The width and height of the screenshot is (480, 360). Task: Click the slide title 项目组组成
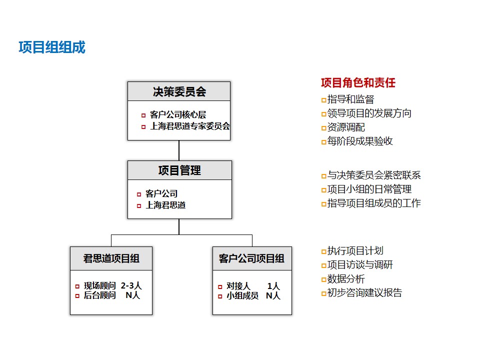pyautogui.click(x=52, y=47)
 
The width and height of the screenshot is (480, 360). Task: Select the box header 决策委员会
pyautogui.click(x=179, y=91)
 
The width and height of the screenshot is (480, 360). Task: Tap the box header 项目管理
pyautogui.click(x=179, y=170)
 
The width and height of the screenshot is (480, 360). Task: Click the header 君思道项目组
pyautogui.click(x=111, y=258)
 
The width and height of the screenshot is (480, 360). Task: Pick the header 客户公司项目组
pyautogui.click(x=251, y=258)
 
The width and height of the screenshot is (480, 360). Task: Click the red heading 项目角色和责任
pyautogui.click(x=358, y=82)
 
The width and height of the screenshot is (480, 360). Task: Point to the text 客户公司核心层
pyautogui.click(x=178, y=114)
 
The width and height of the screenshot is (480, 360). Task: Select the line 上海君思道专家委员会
pyautogui.click(x=190, y=126)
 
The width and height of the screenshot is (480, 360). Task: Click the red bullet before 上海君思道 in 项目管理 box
pyautogui.click(x=139, y=205)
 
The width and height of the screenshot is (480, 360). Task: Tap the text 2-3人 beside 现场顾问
pyautogui.click(x=131, y=285)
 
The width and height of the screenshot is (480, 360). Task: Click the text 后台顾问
pyautogui.click(x=100, y=295)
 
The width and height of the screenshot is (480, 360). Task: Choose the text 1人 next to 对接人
pyautogui.click(x=273, y=286)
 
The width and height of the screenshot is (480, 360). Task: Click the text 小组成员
pyautogui.click(x=242, y=295)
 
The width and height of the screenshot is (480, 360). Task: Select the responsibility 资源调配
pyautogui.click(x=346, y=127)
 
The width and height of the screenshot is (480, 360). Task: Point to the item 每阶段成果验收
pyautogui.click(x=360, y=141)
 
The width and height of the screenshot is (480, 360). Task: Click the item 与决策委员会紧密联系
pyautogui.click(x=374, y=175)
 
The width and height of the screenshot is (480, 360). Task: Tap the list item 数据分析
pyautogui.click(x=346, y=278)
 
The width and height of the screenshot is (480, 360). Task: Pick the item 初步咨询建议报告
pyautogui.click(x=364, y=292)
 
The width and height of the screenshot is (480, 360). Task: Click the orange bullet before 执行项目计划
pyautogui.click(x=323, y=251)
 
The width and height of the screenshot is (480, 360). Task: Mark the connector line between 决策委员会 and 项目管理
pyautogui.click(x=179, y=150)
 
